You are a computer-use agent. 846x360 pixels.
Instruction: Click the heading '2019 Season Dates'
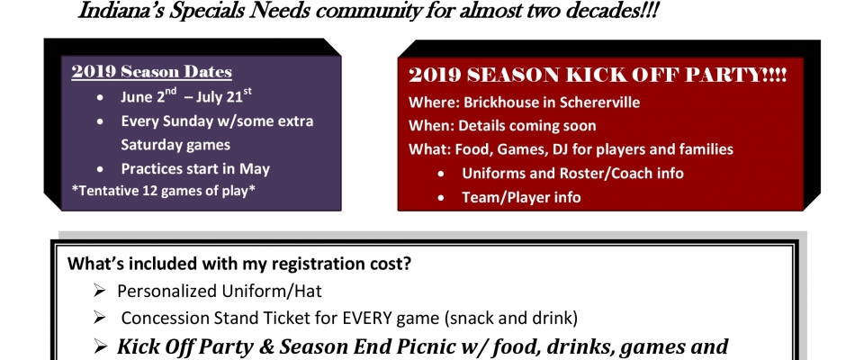(151, 72)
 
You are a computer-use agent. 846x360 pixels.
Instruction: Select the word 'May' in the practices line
(254, 169)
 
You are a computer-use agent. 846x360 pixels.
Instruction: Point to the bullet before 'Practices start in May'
(101, 170)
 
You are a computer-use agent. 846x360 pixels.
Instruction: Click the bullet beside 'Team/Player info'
(441, 198)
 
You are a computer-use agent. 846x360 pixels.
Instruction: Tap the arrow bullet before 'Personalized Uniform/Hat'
(99, 291)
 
